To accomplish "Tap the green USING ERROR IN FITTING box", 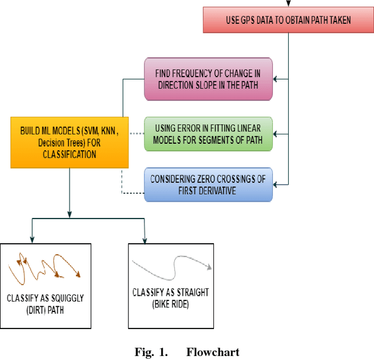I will [x=208, y=134].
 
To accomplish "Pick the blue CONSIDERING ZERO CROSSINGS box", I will [x=208, y=184].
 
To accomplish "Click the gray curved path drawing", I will [x=171, y=270].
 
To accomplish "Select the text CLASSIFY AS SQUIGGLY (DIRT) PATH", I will [x=45, y=304].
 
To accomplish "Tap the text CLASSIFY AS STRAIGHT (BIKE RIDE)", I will [x=171, y=297].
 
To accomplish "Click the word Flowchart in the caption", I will [x=213, y=352].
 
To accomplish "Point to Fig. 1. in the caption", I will [x=150, y=352].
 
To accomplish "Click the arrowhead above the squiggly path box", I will [x=32, y=239].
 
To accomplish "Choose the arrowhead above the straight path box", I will [x=144, y=239].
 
